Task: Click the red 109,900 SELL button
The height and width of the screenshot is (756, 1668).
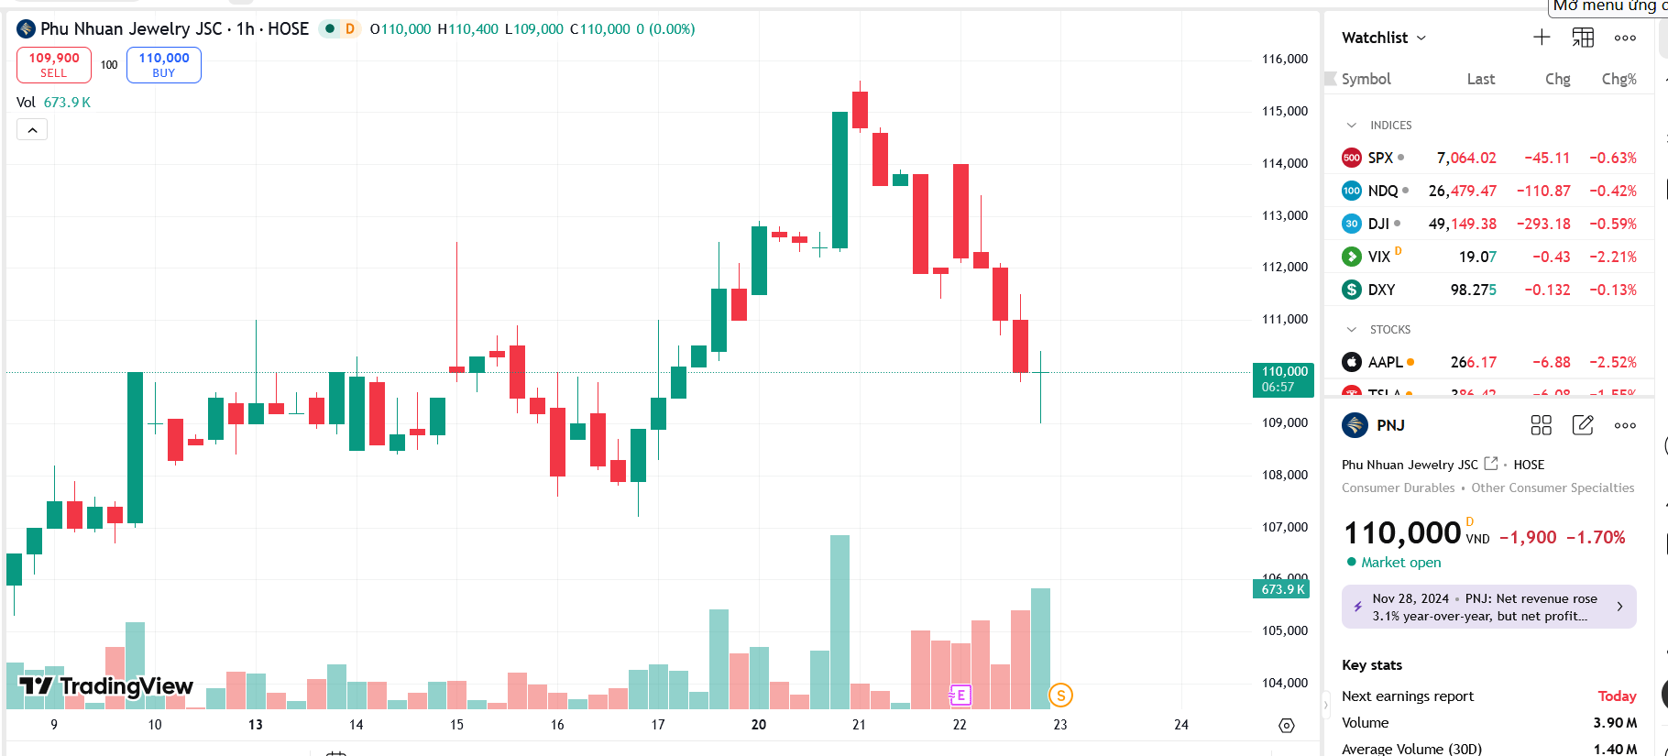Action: click(x=54, y=65)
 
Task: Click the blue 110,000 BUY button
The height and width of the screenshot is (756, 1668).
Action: click(x=164, y=65)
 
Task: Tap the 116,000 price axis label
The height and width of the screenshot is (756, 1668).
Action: click(x=1285, y=59)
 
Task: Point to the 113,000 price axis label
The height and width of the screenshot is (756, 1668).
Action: click(x=1285, y=215)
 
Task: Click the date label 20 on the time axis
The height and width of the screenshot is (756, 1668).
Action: click(x=759, y=725)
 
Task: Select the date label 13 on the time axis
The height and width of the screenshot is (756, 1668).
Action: click(x=256, y=725)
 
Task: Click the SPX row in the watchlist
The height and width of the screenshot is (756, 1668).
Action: click(x=1488, y=158)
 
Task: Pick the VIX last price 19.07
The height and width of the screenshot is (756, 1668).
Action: click(x=1477, y=257)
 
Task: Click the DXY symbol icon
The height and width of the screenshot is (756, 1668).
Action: click(x=1352, y=290)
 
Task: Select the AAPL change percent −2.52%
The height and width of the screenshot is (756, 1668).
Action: click(x=1613, y=362)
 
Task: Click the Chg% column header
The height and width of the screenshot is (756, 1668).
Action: click(x=1619, y=79)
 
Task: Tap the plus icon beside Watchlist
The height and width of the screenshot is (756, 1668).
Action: click(x=1542, y=38)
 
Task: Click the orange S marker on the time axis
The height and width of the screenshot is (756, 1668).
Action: click(x=1060, y=696)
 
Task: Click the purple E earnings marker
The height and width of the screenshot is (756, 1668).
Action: click(x=960, y=696)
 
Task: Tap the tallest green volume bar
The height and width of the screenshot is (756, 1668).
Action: click(x=839, y=623)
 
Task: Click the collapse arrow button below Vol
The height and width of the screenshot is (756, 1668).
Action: click(x=32, y=130)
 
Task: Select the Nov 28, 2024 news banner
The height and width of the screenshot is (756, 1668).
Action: click(x=1488, y=607)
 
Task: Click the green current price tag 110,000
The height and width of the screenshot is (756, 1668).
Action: click(x=1283, y=379)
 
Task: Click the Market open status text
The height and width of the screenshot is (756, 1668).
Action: click(x=1400, y=563)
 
